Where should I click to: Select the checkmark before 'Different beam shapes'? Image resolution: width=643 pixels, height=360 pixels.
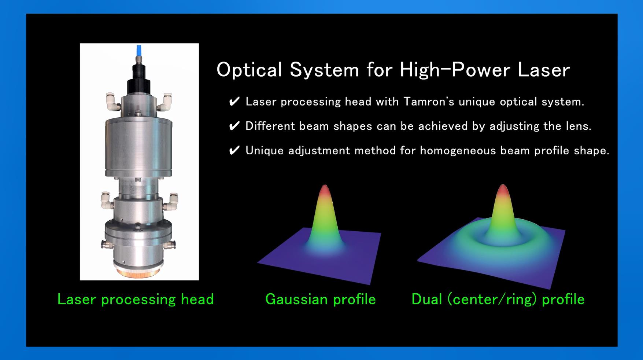pos(234,126)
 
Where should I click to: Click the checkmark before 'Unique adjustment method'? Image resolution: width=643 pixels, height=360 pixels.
pos(234,150)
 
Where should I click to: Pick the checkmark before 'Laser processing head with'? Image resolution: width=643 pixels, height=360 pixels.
pos(234,102)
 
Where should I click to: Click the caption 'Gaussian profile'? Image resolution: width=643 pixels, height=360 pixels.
pos(321,300)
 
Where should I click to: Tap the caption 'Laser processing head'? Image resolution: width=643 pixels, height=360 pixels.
pos(136,300)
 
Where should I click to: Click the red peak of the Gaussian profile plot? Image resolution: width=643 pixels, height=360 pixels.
pos(325,190)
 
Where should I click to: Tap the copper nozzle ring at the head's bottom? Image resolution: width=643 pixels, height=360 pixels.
pos(139,273)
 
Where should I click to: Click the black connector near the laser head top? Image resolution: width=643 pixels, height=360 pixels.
pos(139,81)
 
